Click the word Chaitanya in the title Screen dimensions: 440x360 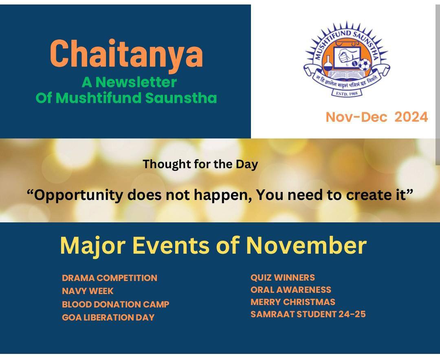click(x=126, y=54)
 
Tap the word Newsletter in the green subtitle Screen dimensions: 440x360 click(x=136, y=82)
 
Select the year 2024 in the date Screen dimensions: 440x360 click(x=411, y=117)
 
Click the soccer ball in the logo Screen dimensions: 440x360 click(x=365, y=64)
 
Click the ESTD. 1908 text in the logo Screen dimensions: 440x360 click(x=347, y=93)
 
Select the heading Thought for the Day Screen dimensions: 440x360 click(x=200, y=164)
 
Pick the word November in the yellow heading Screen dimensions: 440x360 click(x=306, y=245)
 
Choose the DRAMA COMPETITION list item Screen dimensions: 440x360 click(x=110, y=278)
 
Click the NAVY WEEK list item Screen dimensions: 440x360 click(x=88, y=291)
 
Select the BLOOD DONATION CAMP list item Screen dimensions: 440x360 click(x=116, y=304)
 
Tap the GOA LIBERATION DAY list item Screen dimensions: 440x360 click(x=108, y=317)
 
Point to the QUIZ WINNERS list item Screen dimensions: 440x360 click(x=283, y=277)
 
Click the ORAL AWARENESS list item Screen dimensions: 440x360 click(x=291, y=290)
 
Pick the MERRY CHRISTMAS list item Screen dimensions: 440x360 click(x=293, y=302)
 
